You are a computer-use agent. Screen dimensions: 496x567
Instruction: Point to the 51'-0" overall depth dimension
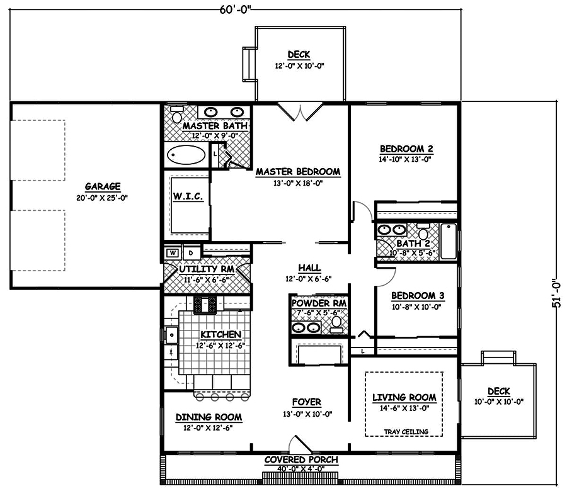pyautogui.click(x=556, y=293)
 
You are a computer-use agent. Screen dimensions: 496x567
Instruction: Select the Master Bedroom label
pyautogui.click(x=298, y=171)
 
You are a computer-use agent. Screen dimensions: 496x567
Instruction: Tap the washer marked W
pyautogui.click(x=171, y=253)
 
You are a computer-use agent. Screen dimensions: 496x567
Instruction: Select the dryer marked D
pyautogui.click(x=191, y=253)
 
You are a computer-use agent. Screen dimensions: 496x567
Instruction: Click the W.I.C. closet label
pyautogui.click(x=188, y=198)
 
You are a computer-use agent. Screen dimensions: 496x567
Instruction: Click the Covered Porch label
pyautogui.click(x=301, y=460)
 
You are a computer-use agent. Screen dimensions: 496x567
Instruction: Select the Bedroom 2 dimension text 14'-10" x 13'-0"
pyautogui.click(x=406, y=160)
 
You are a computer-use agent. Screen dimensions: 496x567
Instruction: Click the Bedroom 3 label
pyautogui.click(x=413, y=296)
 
